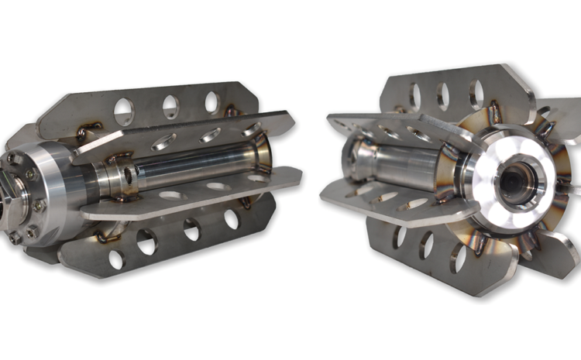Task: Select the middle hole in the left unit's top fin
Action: [170, 106]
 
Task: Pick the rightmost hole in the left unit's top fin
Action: [212, 101]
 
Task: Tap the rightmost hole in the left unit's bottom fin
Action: [231, 219]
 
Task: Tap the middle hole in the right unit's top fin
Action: [443, 94]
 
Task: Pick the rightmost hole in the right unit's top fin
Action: [476, 94]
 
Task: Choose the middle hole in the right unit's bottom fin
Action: [425, 246]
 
